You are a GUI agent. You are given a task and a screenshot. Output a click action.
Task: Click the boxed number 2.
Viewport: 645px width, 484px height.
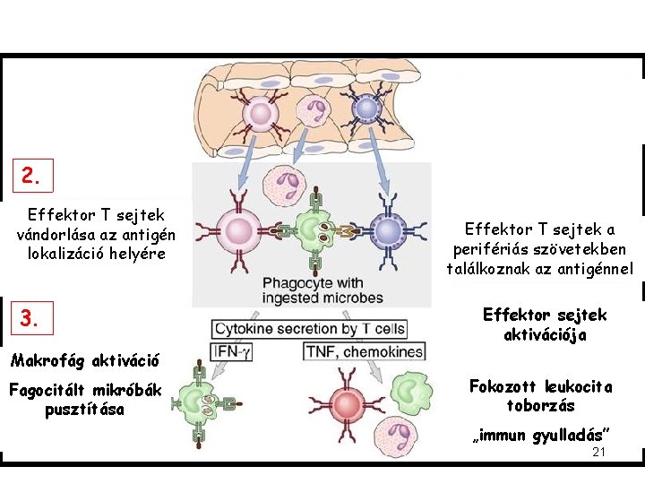coord(31,177)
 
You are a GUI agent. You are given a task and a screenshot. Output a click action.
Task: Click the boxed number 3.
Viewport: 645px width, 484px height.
coord(31,318)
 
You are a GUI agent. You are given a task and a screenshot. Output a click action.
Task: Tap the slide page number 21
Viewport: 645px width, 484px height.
coord(599,452)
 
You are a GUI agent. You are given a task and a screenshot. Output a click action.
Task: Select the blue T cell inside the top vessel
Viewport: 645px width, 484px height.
coord(366,109)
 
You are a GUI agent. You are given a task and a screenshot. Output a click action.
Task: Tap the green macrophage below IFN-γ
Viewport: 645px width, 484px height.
coord(199,402)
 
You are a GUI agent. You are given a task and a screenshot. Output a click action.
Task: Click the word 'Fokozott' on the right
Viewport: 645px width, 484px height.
coord(504,387)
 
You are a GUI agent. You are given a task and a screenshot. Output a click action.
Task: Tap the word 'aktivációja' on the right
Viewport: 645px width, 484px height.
coord(545,334)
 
